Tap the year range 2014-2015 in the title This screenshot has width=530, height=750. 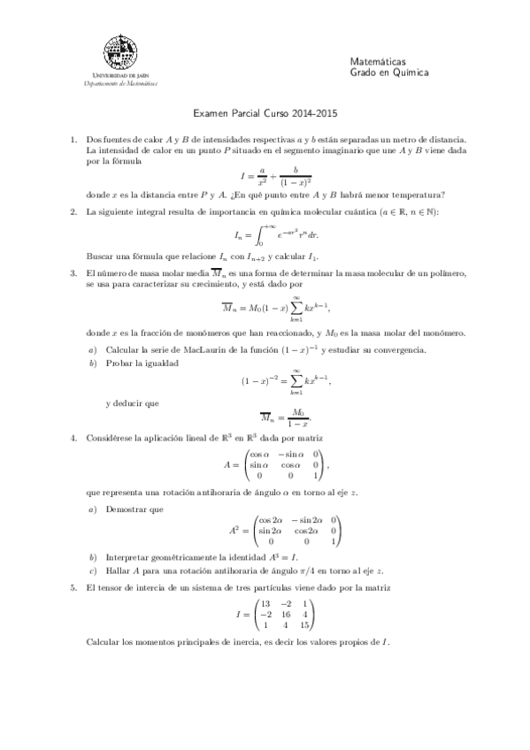click(319, 113)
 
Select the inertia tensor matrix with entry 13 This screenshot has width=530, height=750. click(282, 614)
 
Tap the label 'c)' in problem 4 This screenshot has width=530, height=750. click(93, 570)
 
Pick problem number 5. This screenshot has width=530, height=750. click(73, 587)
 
